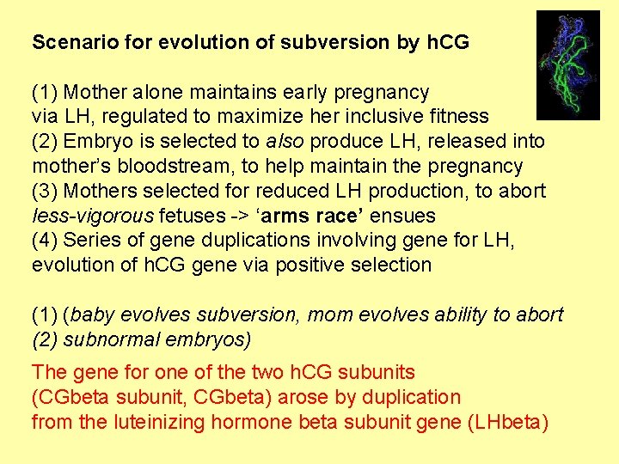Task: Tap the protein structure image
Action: [567, 65]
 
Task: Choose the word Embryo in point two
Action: [95, 141]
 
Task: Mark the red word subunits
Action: [379, 372]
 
